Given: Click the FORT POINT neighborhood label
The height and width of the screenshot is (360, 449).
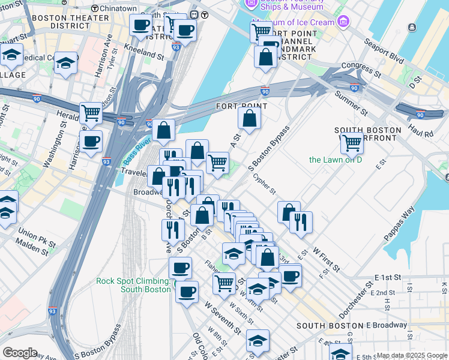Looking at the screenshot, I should pos(241,106).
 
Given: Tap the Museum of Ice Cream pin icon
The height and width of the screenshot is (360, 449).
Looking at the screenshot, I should pos(342,23).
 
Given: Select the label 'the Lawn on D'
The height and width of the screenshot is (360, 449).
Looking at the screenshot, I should pos(336,160).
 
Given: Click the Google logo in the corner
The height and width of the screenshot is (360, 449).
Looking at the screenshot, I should pos(20,353).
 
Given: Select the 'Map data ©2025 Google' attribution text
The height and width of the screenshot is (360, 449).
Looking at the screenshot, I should pos(412,355).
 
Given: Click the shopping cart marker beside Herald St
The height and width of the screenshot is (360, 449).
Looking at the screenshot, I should pos(91,112).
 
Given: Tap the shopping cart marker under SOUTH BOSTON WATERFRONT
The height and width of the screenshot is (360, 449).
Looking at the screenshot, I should pos(352,143).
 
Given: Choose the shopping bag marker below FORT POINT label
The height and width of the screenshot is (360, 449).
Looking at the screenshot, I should pos(249,118).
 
